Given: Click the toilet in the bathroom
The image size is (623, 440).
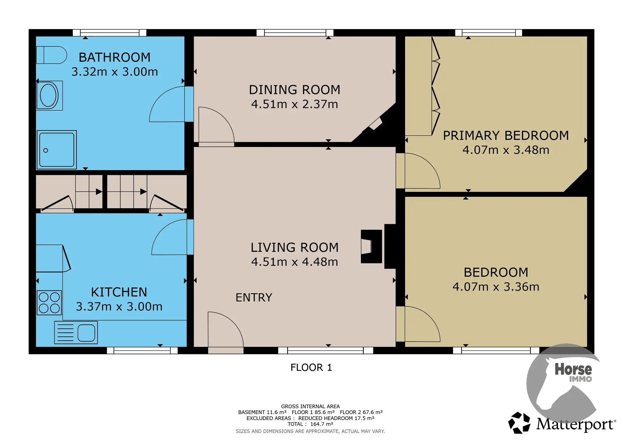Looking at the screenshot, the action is click(51, 55).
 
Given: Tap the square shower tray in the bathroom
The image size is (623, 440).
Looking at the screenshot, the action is click(57, 150).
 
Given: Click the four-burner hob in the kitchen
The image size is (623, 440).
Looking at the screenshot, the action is click(49, 302).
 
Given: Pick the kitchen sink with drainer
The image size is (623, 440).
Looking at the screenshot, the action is click(76, 332).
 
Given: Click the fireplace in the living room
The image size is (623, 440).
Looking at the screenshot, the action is click(371, 246).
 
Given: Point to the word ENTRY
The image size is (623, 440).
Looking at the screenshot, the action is click(254, 298).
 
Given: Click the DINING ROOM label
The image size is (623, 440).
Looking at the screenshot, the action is click(294, 90).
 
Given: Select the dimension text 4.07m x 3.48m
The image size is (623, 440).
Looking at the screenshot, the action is click(506, 150).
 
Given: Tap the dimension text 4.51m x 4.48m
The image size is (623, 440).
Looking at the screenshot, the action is click(294, 262).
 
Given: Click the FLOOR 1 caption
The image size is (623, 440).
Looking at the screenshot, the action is click(311, 367).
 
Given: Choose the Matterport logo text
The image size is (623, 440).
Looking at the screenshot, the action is click(575, 424).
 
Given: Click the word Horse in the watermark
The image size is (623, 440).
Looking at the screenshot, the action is click(573, 369).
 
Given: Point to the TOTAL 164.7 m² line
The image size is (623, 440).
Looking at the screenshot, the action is click(310, 424).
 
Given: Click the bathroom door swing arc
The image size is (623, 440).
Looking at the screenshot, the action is click(159, 98).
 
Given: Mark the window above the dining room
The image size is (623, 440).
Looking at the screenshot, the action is click(295, 33).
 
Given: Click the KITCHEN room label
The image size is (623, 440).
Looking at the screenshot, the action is click(119, 292).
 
